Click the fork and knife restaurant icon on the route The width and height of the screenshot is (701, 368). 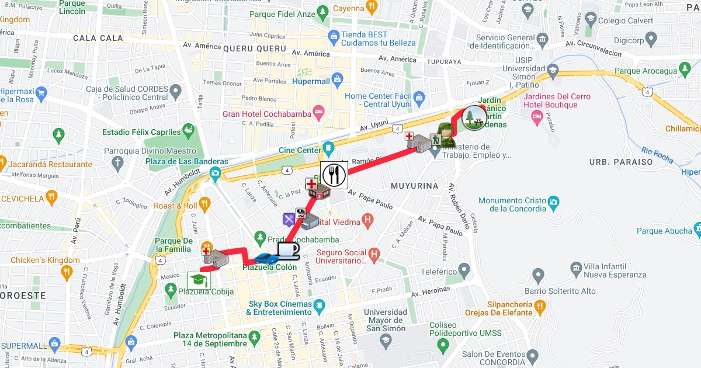[334, 175]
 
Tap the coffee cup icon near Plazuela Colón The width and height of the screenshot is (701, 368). [288, 250]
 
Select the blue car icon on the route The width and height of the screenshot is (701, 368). [266, 258]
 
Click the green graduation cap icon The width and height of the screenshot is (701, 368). [199, 280]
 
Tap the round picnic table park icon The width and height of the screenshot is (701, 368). [474, 117]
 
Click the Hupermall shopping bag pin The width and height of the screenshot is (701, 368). [336, 79]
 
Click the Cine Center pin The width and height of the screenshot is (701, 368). [328, 147]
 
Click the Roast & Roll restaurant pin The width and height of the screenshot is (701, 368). [204, 203]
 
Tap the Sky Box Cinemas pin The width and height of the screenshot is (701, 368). [319, 305]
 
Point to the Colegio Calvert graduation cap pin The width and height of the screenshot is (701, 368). [591, 19]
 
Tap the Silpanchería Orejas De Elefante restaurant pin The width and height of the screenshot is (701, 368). [540, 305]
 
